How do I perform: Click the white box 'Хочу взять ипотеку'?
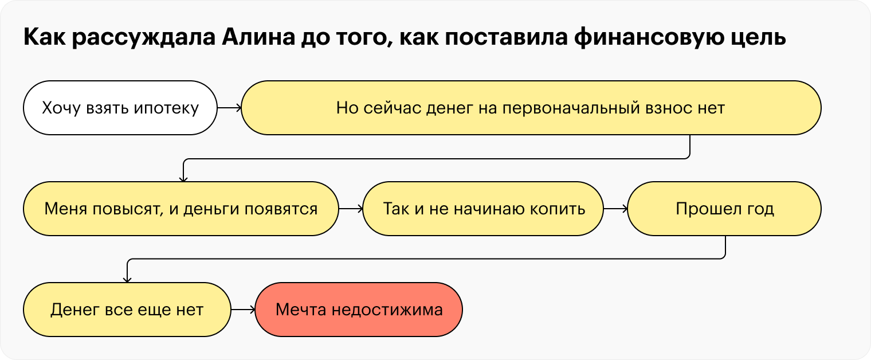[x=120, y=108]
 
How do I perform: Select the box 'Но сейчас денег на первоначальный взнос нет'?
[x=531, y=108]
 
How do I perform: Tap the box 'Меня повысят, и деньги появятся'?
[x=181, y=209]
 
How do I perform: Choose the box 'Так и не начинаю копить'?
[x=484, y=209]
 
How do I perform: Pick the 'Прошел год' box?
[x=724, y=209]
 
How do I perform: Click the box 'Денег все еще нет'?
[x=127, y=310]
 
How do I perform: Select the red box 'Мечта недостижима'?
[x=359, y=310]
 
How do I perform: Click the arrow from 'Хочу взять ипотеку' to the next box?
[x=229, y=108]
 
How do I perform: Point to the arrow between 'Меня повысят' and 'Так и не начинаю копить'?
[x=351, y=209]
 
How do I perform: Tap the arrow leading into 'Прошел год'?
[x=616, y=209]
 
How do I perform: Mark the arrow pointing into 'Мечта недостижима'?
[x=243, y=310]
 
